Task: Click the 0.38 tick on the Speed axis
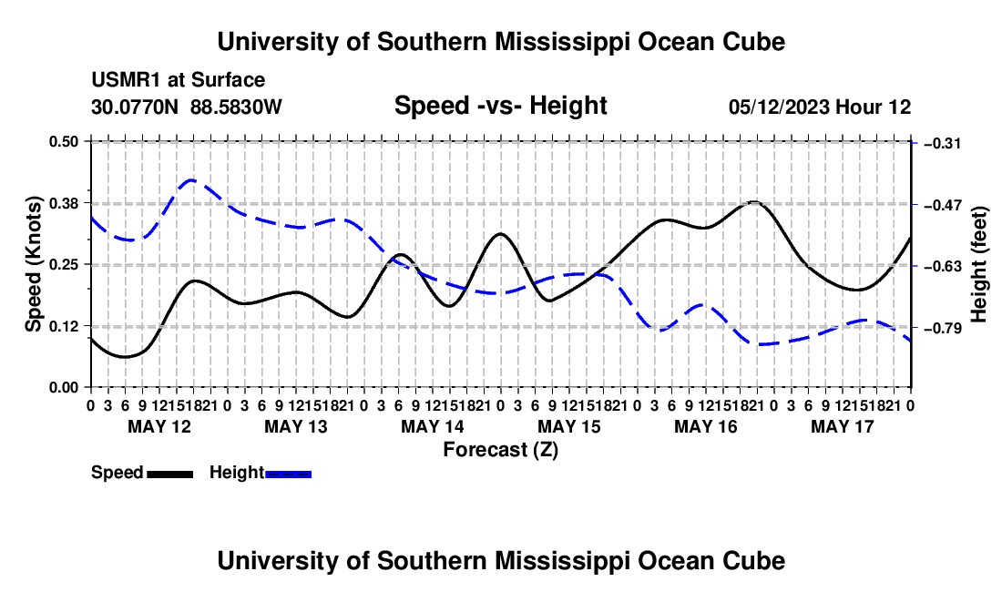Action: [64, 203]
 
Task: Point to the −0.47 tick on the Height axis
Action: [943, 205]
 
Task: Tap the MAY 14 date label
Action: [433, 426]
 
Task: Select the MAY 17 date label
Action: [843, 426]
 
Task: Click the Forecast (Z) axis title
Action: [501, 450]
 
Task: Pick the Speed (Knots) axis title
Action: [33, 264]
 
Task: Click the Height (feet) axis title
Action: [979, 264]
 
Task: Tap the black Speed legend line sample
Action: [170, 474]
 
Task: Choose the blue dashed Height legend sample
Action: [288, 474]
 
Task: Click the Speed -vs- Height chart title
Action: [501, 106]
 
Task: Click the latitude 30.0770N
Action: [135, 107]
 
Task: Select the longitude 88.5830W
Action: [236, 107]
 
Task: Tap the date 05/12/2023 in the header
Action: [779, 107]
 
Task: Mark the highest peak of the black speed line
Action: [755, 202]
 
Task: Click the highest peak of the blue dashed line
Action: [191, 180]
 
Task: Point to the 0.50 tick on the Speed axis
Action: [64, 141]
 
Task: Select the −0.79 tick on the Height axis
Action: [943, 328]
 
